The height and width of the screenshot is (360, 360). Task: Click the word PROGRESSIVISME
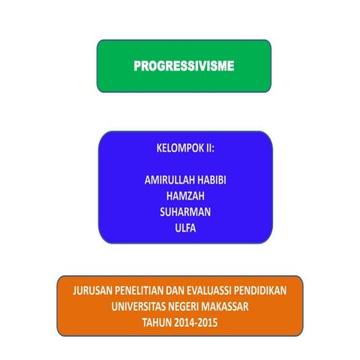pos(184,66)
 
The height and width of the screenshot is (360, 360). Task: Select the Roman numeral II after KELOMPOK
pos(209,148)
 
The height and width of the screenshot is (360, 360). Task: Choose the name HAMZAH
pos(184,196)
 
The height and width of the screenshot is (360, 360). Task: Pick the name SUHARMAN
pos(184,212)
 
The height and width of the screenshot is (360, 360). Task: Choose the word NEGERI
pos(193,307)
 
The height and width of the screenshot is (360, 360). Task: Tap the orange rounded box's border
pos(58,306)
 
